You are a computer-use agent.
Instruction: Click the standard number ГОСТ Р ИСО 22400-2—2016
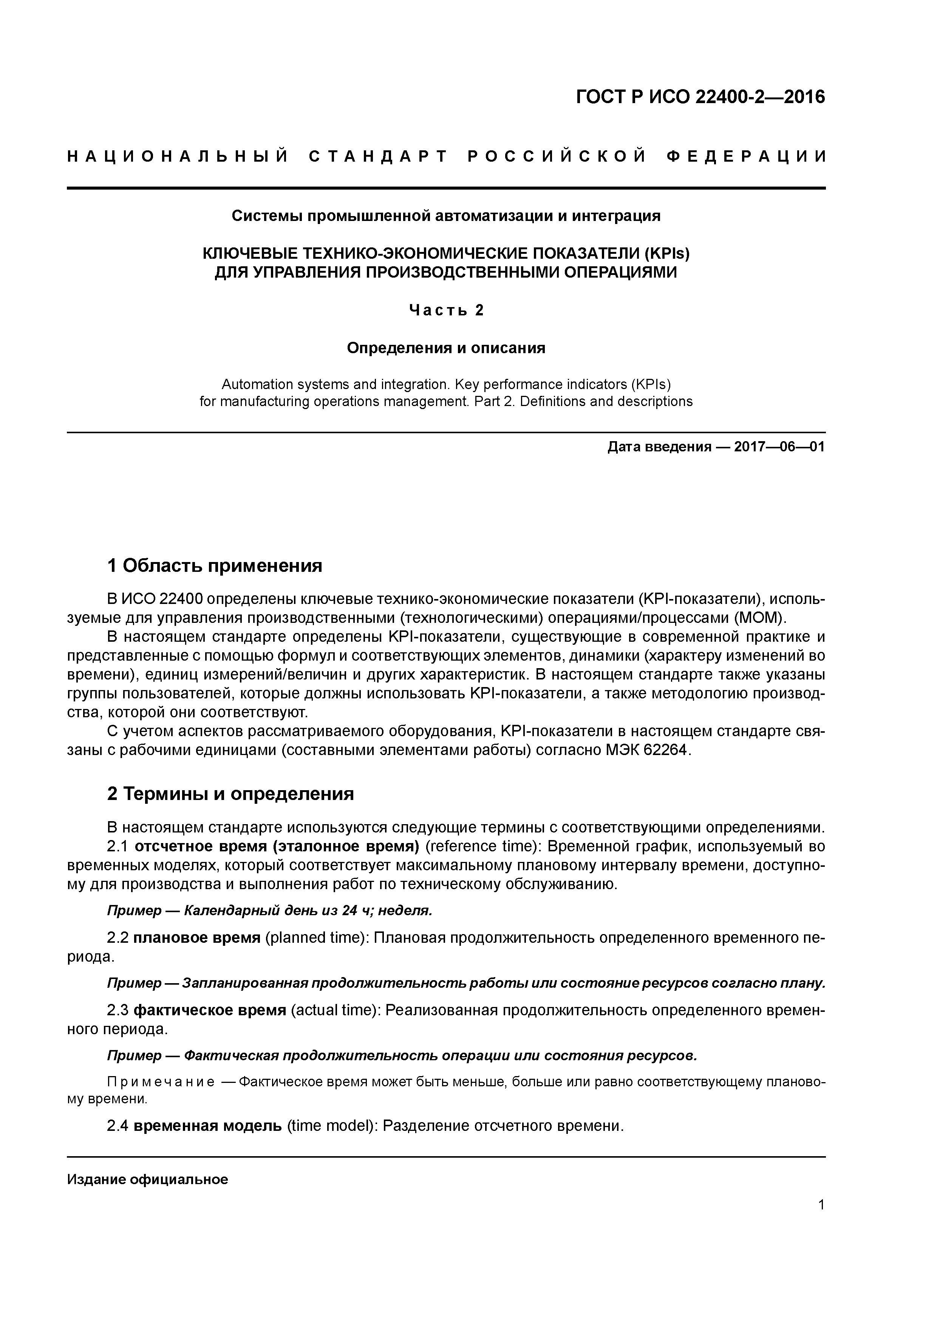pyautogui.click(x=701, y=97)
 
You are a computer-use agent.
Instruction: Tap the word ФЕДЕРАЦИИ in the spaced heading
pyautogui.click(x=745, y=156)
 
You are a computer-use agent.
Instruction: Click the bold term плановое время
pyautogui.click(x=197, y=938)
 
